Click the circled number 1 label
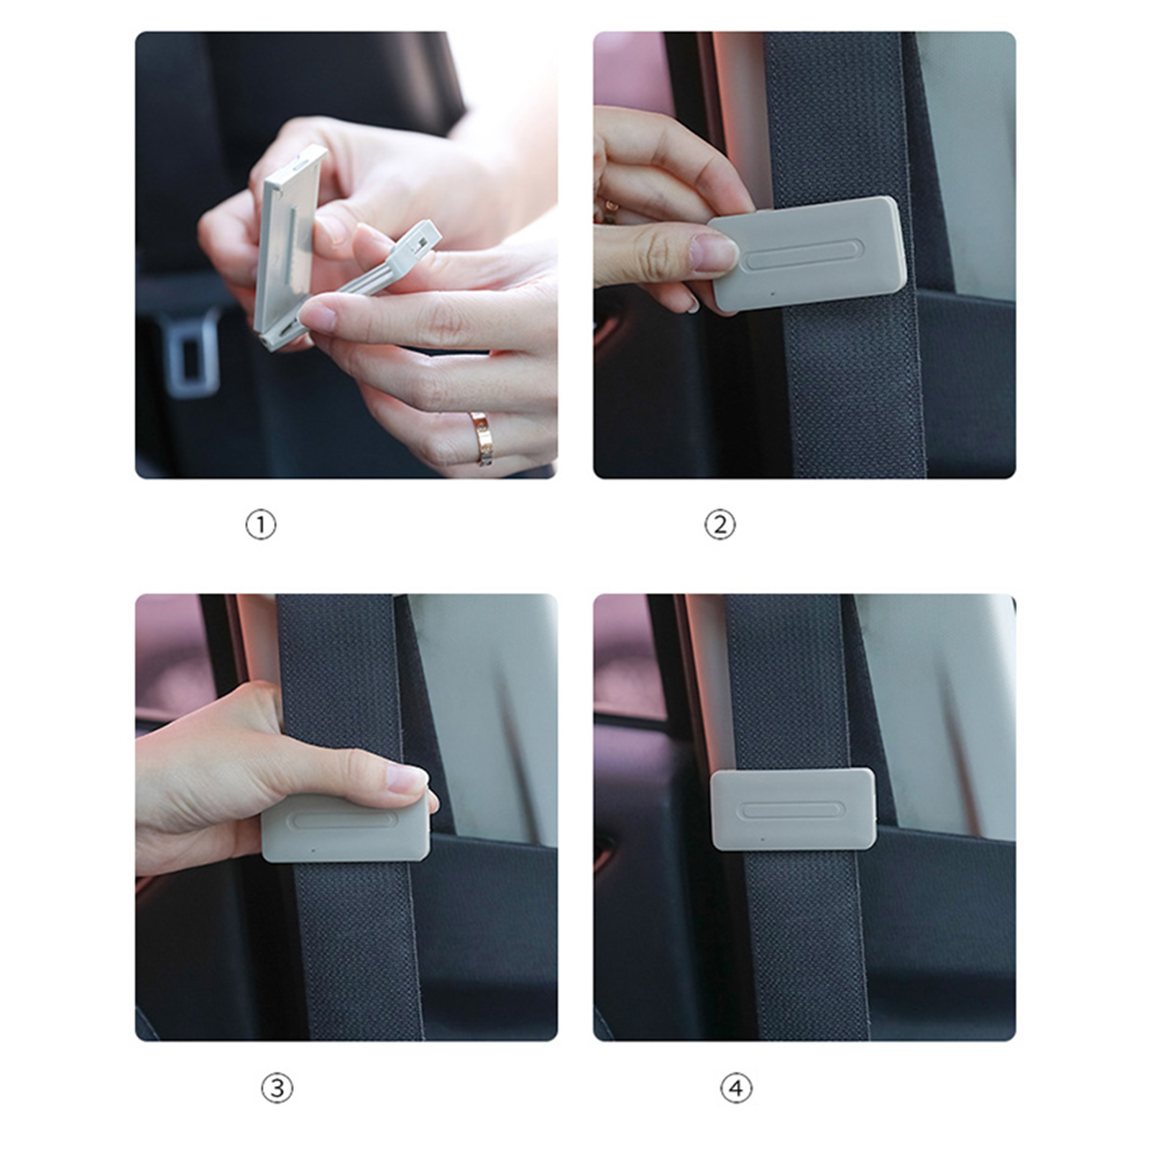(x=260, y=525)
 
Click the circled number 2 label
(x=719, y=525)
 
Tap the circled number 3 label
(x=277, y=1087)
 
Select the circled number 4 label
(x=736, y=1087)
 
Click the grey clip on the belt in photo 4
(x=793, y=809)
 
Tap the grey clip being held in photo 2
(x=806, y=253)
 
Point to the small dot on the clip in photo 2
(x=773, y=293)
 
